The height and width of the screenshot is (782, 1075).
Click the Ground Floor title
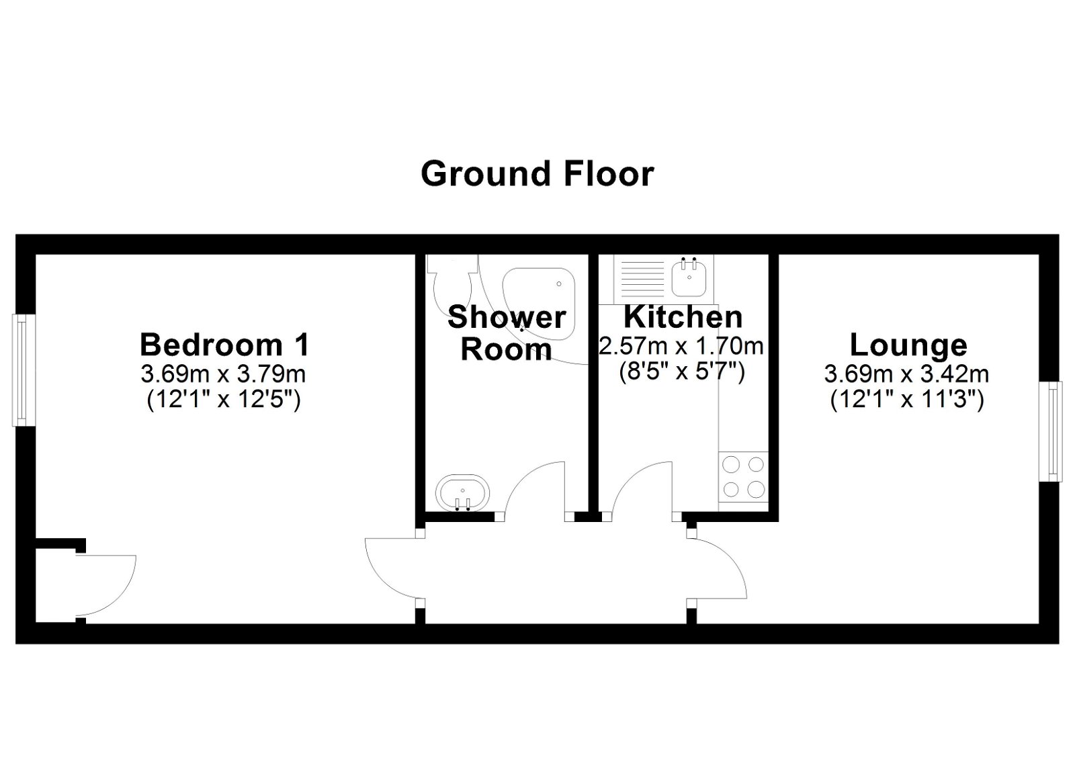(537, 173)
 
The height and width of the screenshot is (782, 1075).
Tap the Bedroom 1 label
(224, 345)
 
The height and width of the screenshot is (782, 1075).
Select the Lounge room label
(908, 345)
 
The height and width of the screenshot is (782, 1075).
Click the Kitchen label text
(683, 316)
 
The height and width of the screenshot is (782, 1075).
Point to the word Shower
(507, 316)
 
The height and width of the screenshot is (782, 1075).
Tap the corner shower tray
(542, 296)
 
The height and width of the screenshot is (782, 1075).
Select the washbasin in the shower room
(462, 493)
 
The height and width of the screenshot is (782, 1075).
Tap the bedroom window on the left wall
(21, 370)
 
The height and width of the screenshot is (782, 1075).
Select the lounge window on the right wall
(1053, 431)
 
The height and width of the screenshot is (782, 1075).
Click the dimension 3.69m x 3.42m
(906, 374)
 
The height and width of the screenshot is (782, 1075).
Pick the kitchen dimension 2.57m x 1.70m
(681, 347)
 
